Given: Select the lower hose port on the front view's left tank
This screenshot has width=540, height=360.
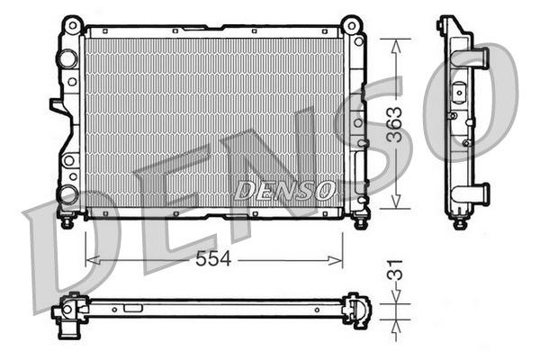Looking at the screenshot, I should pyautogui.click(x=67, y=193).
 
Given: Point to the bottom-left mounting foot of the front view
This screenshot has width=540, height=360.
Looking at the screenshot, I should pyautogui.click(x=67, y=219).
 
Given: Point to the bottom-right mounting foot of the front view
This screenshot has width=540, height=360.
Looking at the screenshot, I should pyautogui.click(x=360, y=219).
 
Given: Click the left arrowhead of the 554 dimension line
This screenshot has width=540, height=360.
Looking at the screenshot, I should pyautogui.click(x=89, y=260).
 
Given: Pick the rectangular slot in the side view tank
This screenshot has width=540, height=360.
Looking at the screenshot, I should pyautogui.click(x=460, y=91).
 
